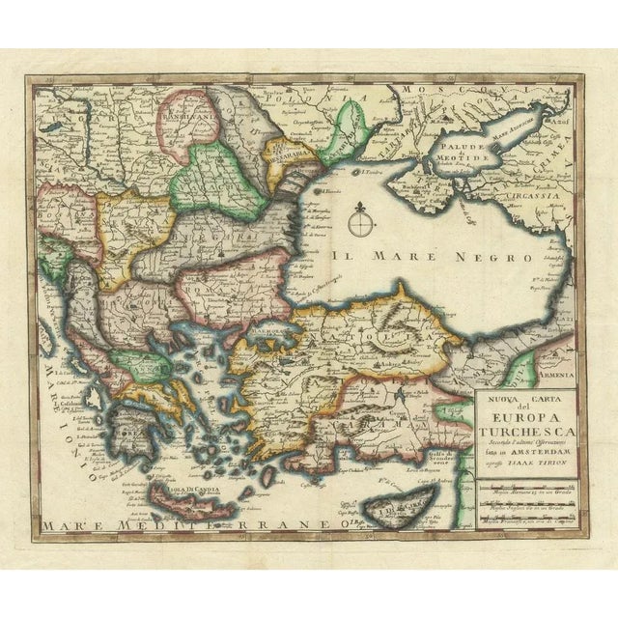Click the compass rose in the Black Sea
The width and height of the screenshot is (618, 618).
pyautogui.click(x=362, y=223)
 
